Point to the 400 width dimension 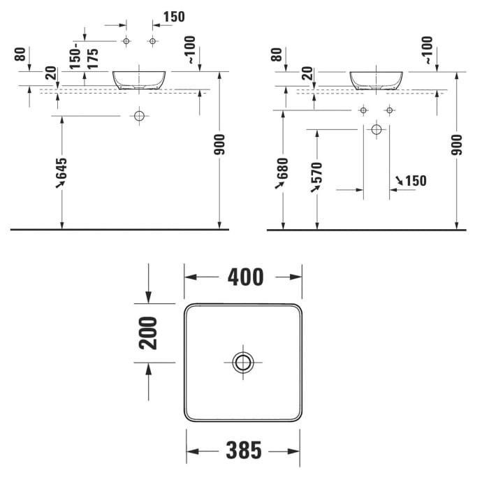pyautogui.click(x=245, y=277)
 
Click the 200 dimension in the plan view pyautogui.click(x=149, y=333)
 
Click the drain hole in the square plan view pyautogui.click(x=243, y=362)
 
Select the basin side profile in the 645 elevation pyautogui.click(x=140, y=79)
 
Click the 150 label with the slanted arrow pyautogui.click(x=415, y=181)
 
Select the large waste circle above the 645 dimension pyautogui.click(x=140, y=115)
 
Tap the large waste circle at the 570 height pyautogui.click(x=377, y=129)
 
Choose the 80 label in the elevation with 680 pyautogui.click(x=277, y=54)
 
